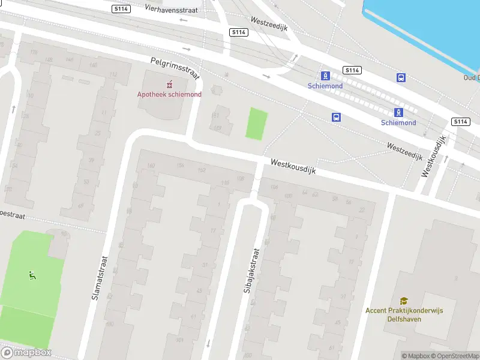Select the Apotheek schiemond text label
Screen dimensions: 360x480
[x=169, y=94]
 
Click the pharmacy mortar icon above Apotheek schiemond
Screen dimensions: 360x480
[x=170, y=83]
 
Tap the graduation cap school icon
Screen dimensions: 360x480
[x=404, y=301]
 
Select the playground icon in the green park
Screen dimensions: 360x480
[x=32, y=276]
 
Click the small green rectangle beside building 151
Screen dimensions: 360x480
[x=256, y=124]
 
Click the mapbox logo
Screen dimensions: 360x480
[x=26, y=352]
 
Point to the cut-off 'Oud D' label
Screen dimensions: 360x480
[x=471, y=77]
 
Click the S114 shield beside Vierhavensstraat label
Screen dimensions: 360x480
[x=121, y=8]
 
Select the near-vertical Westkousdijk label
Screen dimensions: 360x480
[x=434, y=156]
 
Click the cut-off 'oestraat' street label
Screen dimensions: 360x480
[x=11, y=214]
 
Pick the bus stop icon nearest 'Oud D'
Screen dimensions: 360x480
[x=401, y=77]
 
